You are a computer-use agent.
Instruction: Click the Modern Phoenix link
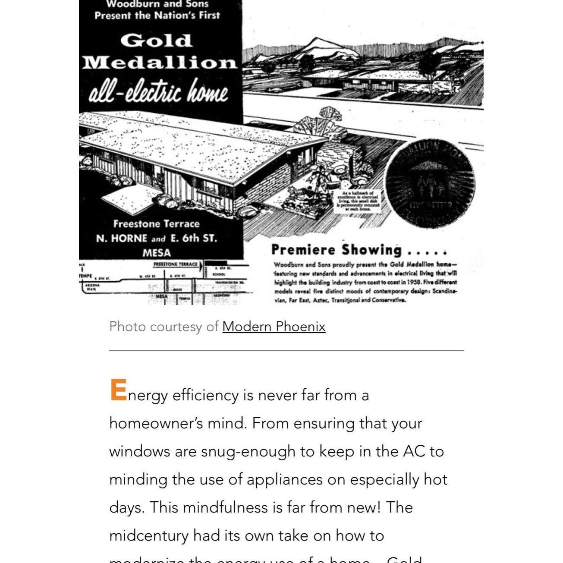pos(274,327)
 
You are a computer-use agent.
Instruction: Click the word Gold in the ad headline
pos(156,41)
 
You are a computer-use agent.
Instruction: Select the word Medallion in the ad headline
pos(160,63)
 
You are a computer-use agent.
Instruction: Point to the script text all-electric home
pos(158,92)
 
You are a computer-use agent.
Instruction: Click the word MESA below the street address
pos(157,253)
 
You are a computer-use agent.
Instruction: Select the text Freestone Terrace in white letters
pos(156,224)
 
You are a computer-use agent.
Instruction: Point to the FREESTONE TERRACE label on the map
pos(176,264)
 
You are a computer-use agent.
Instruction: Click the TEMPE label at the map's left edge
pos(85,275)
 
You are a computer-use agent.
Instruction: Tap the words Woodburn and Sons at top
pos(157,5)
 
